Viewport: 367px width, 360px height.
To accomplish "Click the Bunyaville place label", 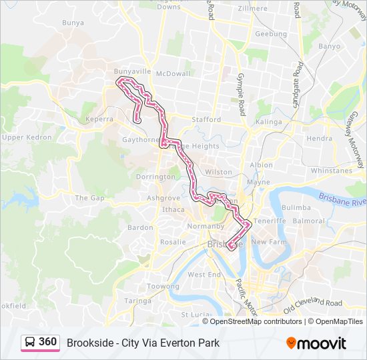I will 133,71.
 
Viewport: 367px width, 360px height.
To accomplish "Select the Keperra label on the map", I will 99,119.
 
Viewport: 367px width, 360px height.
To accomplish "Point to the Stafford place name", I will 206,119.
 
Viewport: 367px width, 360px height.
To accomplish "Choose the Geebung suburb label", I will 271,33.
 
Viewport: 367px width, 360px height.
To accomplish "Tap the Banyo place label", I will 329,47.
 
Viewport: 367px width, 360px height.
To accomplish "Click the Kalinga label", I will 269,122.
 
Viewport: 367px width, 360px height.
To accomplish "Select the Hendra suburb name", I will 319,139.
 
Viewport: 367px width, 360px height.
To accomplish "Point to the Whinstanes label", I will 331,171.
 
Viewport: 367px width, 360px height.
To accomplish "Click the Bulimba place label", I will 296,208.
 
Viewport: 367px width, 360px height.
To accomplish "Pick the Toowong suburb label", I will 163,286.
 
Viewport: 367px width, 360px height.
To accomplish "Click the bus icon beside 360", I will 30,342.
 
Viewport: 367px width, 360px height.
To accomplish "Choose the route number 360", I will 47,342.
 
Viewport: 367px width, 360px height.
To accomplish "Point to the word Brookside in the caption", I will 91,343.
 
